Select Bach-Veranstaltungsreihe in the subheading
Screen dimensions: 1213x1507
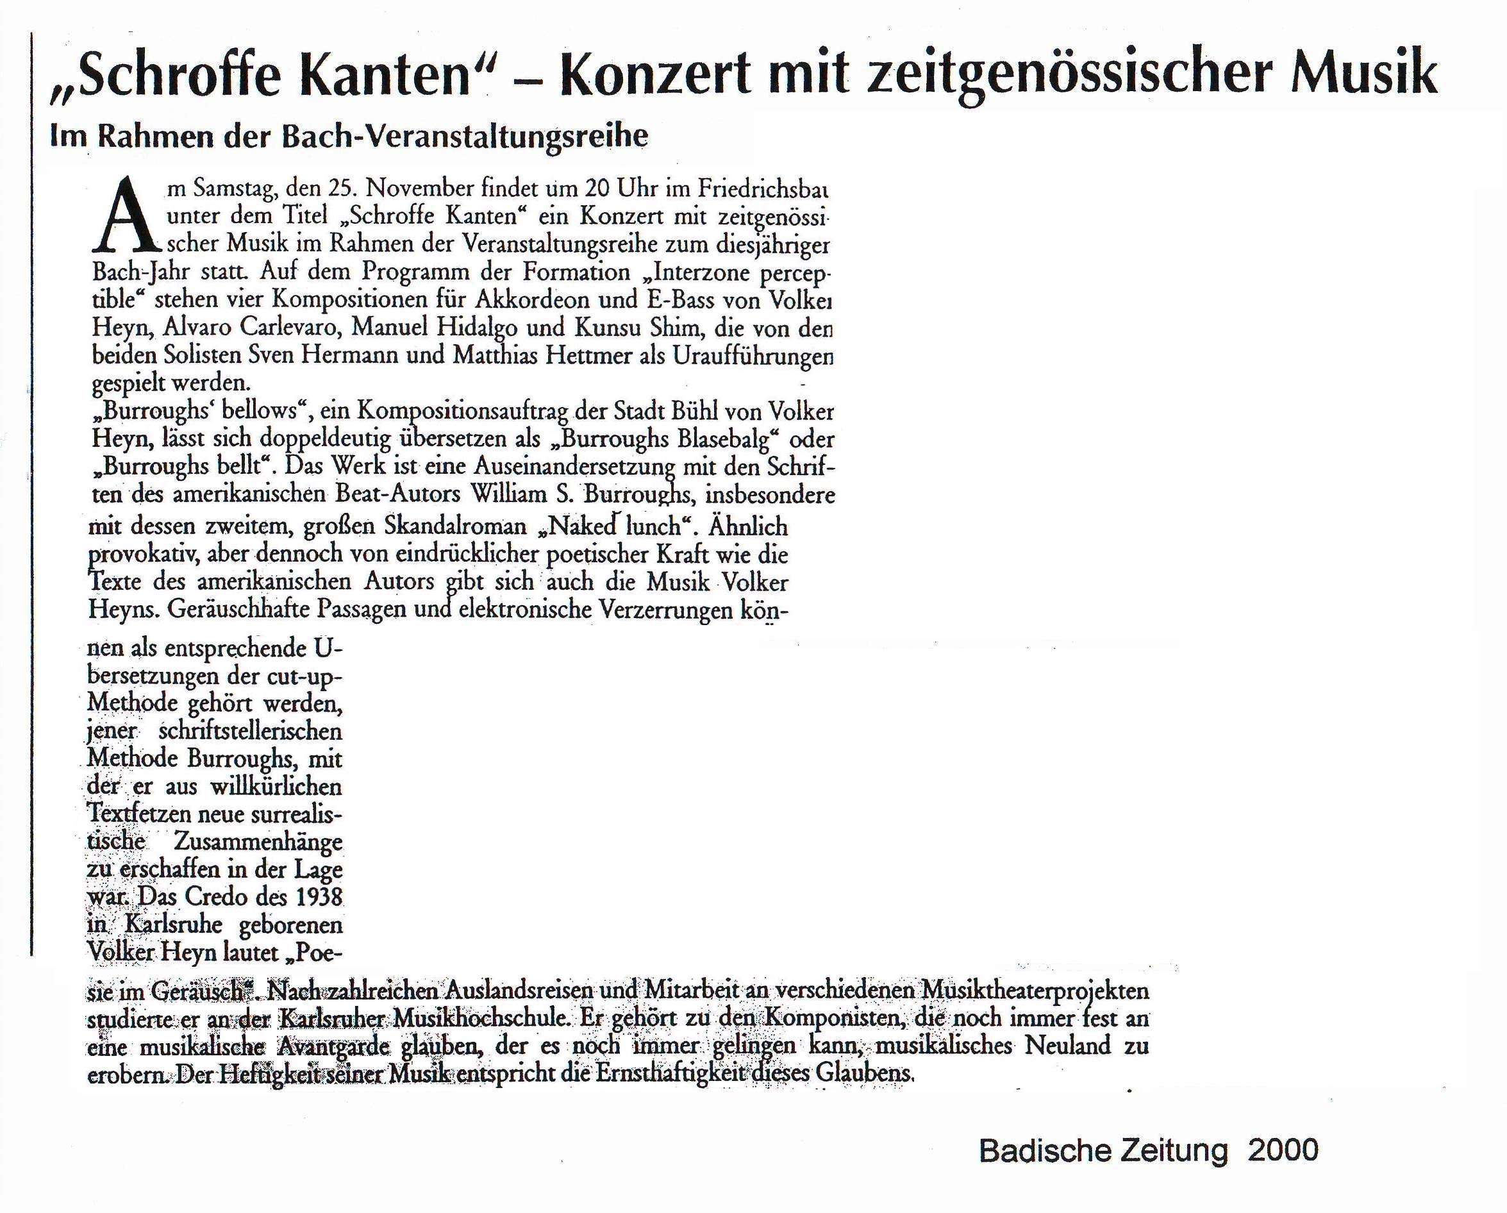click(x=465, y=137)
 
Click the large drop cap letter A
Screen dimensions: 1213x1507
click(x=126, y=217)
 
